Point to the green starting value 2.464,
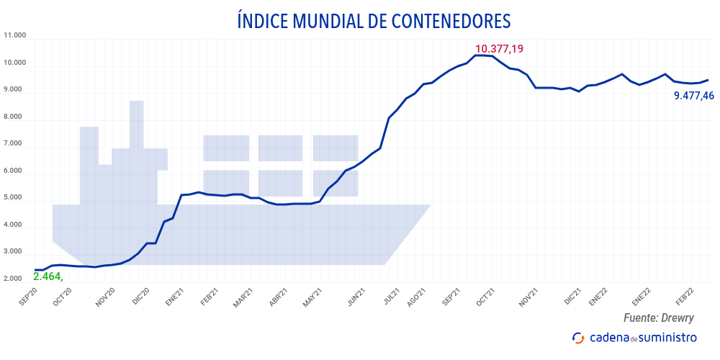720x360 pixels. point(48,276)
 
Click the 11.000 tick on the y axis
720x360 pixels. point(15,35)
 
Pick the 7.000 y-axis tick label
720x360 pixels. point(15,144)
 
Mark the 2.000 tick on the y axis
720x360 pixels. point(15,279)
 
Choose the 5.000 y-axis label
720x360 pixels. point(15,197)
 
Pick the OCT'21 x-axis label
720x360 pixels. point(485,296)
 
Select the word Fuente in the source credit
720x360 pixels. point(638,318)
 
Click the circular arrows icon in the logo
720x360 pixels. point(577,338)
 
